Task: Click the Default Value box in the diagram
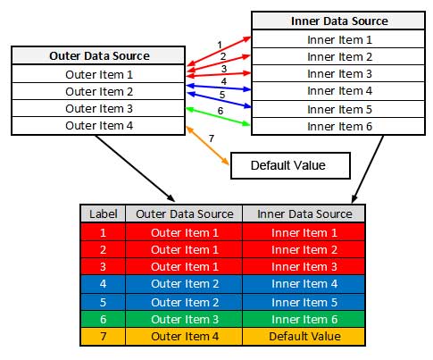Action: pyautogui.click(x=290, y=165)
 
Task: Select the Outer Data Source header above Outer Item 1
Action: pyautogui.click(x=98, y=55)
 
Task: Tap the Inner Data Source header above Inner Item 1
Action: pyautogui.click(x=338, y=21)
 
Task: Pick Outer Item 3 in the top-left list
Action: pyautogui.click(x=98, y=108)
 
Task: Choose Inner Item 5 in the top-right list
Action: pyautogui.click(x=338, y=109)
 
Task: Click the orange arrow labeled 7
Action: pyautogui.click(x=207, y=146)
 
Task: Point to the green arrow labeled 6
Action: pyautogui.click(x=218, y=116)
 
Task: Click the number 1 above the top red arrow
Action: pyautogui.click(x=220, y=45)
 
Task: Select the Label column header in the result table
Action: pyautogui.click(x=103, y=213)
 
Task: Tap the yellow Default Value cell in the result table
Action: pyautogui.click(x=304, y=337)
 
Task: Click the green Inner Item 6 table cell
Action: pyautogui.click(x=304, y=320)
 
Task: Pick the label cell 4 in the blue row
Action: pyautogui.click(x=103, y=284)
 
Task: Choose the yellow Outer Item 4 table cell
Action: pyautogui.click(x=184, y=337)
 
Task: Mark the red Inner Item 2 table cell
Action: pyautogui.click(x=304, y=249)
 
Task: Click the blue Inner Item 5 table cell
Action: pyautogui.click(x=304, y=302)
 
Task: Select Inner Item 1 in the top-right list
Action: pyautogui.click(x=338, y=39)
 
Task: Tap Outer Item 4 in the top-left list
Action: pyautogui.click(x=98, y=126)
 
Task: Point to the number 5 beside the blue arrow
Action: pyautogui.click(x=222, y=95)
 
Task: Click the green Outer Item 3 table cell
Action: pyautogui.click(x=184, y=320)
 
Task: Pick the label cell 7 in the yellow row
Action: pyautogui.click(x=103, y=337)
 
